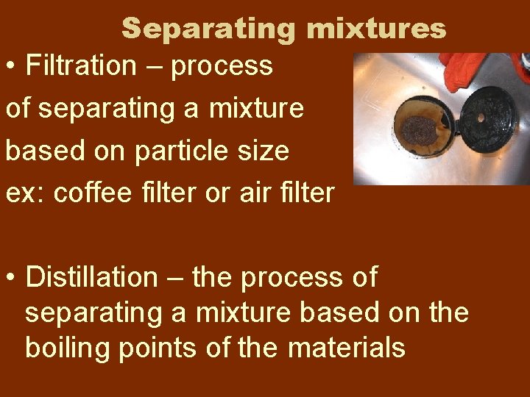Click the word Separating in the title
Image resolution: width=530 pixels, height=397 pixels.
click(x=209, y=29)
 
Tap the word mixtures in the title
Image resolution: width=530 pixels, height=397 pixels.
click(x=376, y=29)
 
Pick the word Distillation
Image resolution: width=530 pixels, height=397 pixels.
click(x=91, y=278)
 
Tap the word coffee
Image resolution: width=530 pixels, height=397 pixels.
click(x=90, y=193)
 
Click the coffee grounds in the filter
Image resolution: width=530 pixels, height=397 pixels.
click(x=420, y=129)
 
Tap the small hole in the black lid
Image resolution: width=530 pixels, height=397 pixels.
click(x=482, y=117)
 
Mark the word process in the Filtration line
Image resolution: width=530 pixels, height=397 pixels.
click(x=222, y=67)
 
